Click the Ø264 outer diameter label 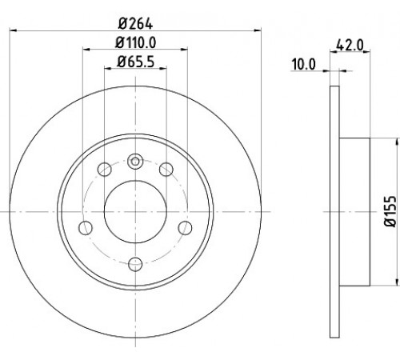pyautogui.click(x=135, y=24)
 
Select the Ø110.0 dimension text pyautogui.click(x=135, y=42)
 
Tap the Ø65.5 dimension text pyautogui.click(x=135, y=62)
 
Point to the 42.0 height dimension pyautogui.click(x=350, y=45)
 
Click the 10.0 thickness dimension pyautogui.click(x=304, y=65)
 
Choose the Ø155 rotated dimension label pyautogui.click(x=390, y=211)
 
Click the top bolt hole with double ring pyautogui.click(x=135, y=162)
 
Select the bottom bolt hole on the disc pyautogui.click(x=135, y=264)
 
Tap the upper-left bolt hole pyautogui.click(x=104, y=169)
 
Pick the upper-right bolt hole pyautogui.click(x=166, y=169)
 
